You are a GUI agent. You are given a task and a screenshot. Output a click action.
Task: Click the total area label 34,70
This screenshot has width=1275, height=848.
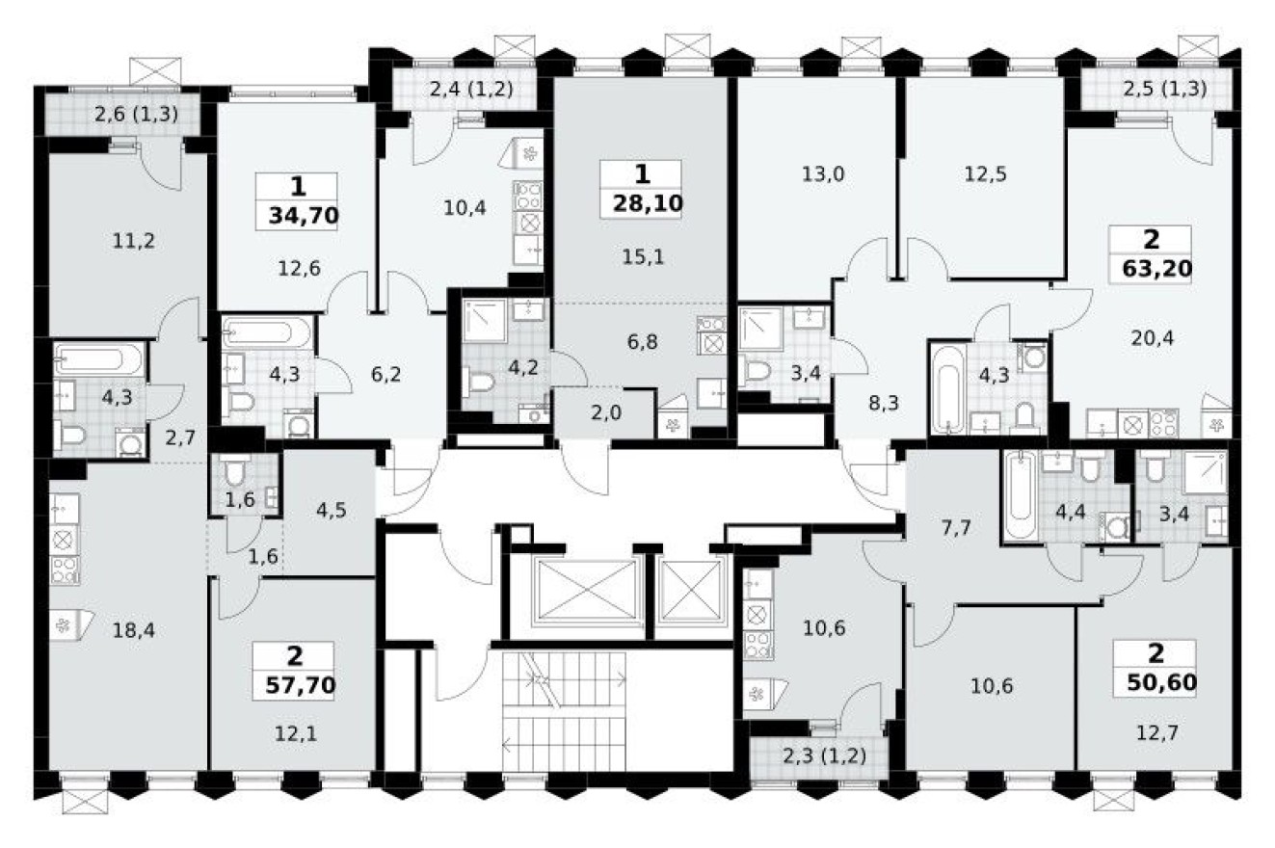tap(297, 215)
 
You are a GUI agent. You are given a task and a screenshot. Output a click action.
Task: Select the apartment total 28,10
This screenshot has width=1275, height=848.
tap(641, 203)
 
